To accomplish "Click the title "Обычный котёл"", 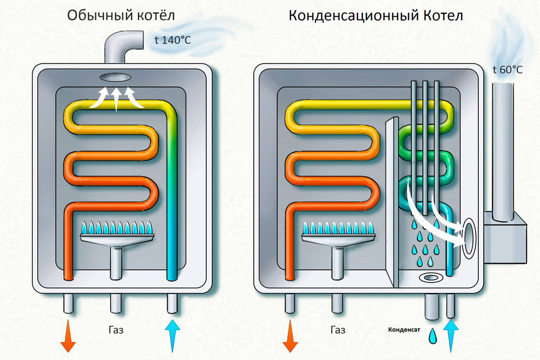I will pos(121,16).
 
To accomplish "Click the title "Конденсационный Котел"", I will pos(375,16).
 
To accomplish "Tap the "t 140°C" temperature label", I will pos(172,40).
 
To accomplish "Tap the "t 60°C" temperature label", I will pos(507,70).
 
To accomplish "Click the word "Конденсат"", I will pos(404,330).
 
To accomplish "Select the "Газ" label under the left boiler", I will pos(115,330).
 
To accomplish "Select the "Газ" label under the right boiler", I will pos(338,330).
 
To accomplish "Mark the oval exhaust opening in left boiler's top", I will pos(115,77).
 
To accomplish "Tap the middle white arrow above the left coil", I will pos(116,99).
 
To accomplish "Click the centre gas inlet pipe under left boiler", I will pos(116,305).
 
